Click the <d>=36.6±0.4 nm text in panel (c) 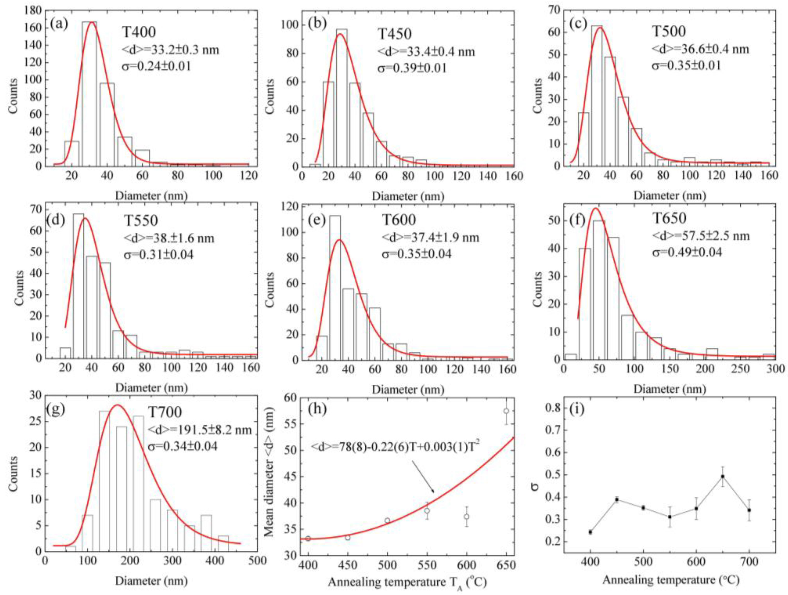(x=700, y=49)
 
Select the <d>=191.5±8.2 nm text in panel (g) (x=199, y=430)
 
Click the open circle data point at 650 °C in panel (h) (x=506, y=411)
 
